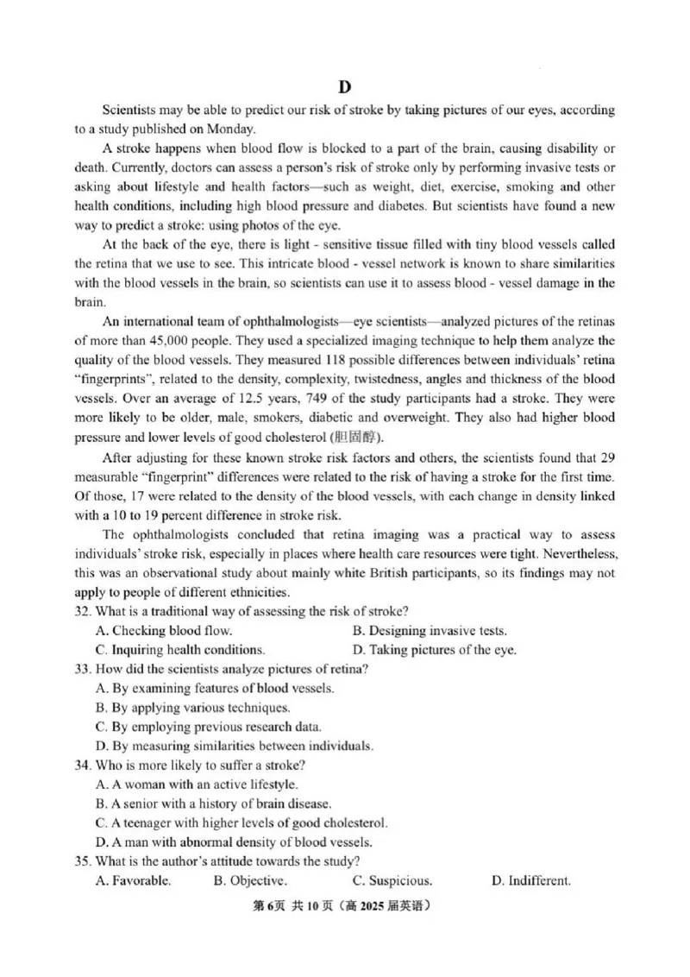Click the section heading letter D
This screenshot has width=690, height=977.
(345, 86)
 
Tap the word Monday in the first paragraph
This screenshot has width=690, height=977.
(231, 129)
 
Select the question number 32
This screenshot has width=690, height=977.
(84, 611)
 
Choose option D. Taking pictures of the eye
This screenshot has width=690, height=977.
(435, 649)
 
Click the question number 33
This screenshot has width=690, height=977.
(84, 668)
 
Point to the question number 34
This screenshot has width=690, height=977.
(84, 765)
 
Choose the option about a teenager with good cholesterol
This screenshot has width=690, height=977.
(241, 823)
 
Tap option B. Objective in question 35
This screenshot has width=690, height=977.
(249, 880)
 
